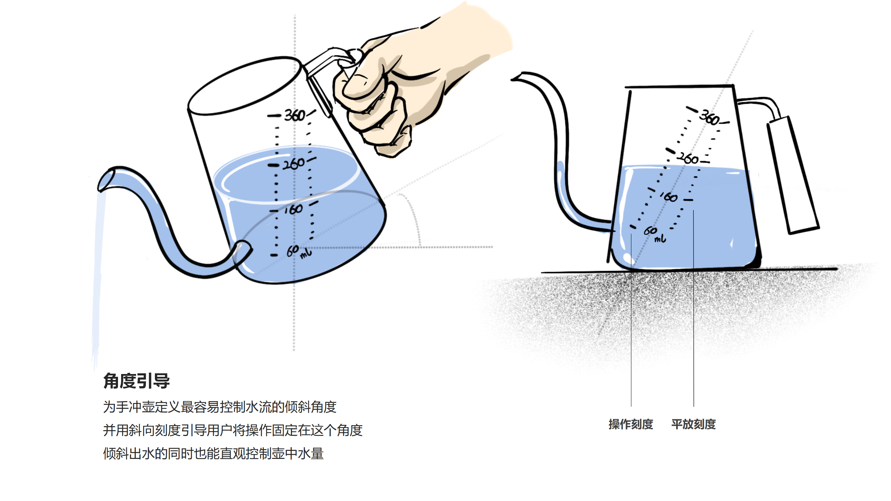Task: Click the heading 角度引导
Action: coord(136,381)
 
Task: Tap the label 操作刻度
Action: coord(631,424)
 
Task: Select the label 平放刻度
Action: coord(693,424)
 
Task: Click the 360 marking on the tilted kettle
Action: coord(294,115)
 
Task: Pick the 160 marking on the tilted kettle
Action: coord(293,209)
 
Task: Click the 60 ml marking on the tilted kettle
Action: coord(298,251)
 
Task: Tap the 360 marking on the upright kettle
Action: coord(710,118)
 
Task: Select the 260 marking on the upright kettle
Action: coord(688,158)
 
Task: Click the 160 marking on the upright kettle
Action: coord(669,197)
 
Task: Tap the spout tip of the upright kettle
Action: coord(517,77)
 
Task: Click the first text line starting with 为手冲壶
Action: coord(220,407)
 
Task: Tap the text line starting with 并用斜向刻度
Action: coord(232,430)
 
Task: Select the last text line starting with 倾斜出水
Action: coord(213,453)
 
